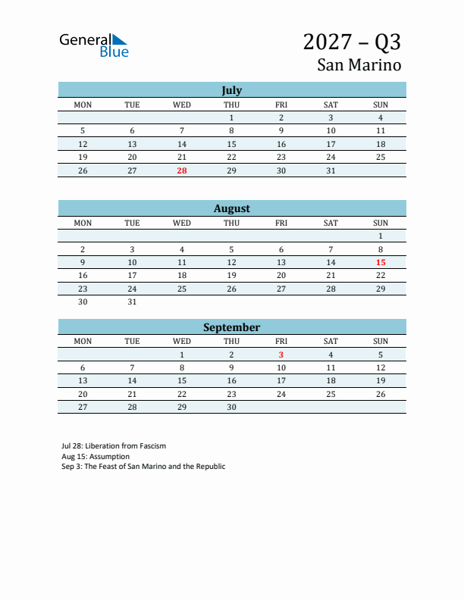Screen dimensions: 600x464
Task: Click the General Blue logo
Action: tap(94, 45)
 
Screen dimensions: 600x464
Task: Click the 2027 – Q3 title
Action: tap(352, 41)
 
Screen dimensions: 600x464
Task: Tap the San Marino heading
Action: tap(359, 64)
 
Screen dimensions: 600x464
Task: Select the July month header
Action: tap(231, 90)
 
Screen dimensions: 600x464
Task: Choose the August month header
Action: tap(231, 208)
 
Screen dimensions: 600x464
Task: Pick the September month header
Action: tap(231, 327)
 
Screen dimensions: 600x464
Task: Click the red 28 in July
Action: tap(182, 171)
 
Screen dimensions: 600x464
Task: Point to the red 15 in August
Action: tap(381, 262)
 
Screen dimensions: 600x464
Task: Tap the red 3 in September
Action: tap(281, 355)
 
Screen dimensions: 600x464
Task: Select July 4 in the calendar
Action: tap(381, 117)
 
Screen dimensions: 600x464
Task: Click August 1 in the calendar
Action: tap(381, 236)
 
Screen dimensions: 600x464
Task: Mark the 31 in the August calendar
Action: tap(132, 302)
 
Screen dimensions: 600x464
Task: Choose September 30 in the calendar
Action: tap(231, 407)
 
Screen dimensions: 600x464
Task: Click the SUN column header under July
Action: tap(381, 105)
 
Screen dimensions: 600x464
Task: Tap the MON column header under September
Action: tap(83, 341)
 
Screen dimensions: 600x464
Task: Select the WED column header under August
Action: tap(182, 223)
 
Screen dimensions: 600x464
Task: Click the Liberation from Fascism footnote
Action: tap(114, 446)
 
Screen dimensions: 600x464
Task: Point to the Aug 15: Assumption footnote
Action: tap(96, 457)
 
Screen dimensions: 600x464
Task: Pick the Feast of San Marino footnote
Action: tap(143, 467)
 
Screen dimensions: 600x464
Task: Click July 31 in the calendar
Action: tap(331, 171)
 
